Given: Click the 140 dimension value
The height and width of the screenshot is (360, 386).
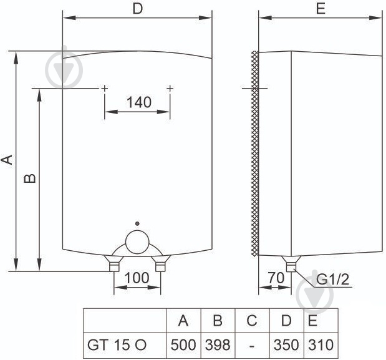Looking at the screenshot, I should pyautogui.click(x=138, y=102).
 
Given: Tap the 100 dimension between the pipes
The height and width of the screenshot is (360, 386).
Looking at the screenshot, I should pyautogui.click(x=137, y=278).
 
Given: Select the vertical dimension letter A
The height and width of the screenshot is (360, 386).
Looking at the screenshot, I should pyautogui.click(x=7, y=160).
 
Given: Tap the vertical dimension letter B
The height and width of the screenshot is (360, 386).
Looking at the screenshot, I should pyautogui.click(x=29, y=178).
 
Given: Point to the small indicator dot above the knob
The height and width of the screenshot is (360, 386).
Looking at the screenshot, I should pyautogui.click(x=137, y=223).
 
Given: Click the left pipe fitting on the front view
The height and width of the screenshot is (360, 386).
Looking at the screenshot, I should pyautogui.click(x=113, y=265).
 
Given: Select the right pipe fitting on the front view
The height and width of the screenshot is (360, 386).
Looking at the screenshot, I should pyautogui.click(x=161, y=265).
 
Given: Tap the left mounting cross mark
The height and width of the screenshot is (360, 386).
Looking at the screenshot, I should pyautogui.click(x=104, y=89).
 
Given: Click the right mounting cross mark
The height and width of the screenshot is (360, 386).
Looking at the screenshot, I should pyautogui.click(x=170, y=89).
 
